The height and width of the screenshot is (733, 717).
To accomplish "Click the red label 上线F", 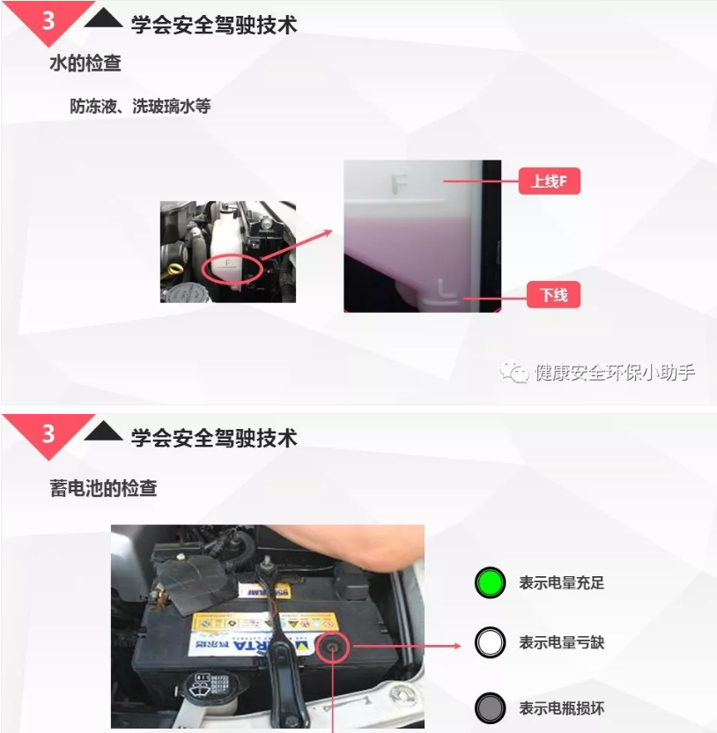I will click(549, 182).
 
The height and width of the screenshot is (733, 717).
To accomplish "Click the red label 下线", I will click(553, 295).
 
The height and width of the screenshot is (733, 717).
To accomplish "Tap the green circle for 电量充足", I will click(490, 582).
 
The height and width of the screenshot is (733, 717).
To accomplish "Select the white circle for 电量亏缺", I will click(490, 643).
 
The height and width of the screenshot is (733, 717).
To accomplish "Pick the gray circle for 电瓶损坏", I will click(490, 708).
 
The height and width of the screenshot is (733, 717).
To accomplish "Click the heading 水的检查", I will click(85, 63).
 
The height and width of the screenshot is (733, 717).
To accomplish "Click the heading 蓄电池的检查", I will click(103, 488).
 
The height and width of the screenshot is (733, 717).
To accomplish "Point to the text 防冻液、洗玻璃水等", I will click(140, 106).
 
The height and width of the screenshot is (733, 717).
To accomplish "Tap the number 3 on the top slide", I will click(48, 19).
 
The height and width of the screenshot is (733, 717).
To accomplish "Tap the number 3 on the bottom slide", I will click(48, 433).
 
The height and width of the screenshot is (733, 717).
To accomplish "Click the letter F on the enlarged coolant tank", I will click(399, 185).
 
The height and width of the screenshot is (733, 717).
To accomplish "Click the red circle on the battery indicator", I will click(334, 648).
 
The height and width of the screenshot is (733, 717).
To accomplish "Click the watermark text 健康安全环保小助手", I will click(614, 373).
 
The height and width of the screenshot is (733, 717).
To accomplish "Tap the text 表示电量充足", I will click(561, 583).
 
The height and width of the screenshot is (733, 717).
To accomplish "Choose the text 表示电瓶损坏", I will click(561, 708).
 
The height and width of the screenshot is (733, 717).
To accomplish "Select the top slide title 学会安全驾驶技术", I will click(214, 25).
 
